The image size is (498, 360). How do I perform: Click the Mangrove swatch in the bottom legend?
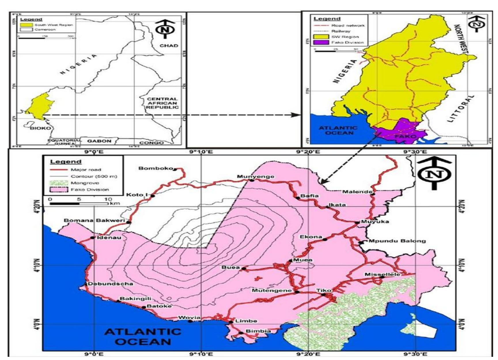click(59, 185)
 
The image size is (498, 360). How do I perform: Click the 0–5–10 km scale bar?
click(79, 206)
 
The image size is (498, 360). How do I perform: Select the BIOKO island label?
click(40, 129)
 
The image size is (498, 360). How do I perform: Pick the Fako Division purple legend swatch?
click(322, 43)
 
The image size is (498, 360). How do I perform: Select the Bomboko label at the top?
click(157, 170)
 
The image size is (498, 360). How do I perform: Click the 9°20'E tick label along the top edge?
click(311, 153)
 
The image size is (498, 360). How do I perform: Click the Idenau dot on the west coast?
click(93, 240)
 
